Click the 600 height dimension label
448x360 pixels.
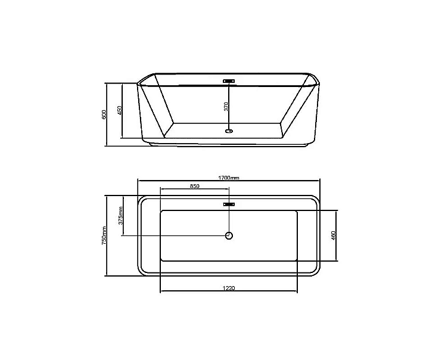point(104,114)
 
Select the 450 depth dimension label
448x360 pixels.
point(120,111)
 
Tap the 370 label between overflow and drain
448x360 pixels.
point(226,107)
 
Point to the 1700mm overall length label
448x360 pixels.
point(228,178)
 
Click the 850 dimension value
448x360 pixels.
point(195,186)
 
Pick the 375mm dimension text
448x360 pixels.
point(121,215)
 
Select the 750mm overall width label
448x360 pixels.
point(104,235)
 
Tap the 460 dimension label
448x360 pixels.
point(334,236)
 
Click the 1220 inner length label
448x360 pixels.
point(229,288)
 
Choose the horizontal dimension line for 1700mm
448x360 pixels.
point(179,181)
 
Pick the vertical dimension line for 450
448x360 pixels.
point(123,128)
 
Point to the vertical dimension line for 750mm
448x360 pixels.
point(107,262)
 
